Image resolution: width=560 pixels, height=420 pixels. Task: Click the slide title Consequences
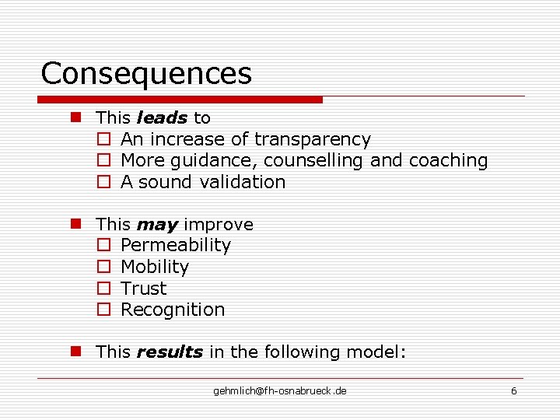(146, 74)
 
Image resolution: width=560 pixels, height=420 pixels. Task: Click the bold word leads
(162, 118)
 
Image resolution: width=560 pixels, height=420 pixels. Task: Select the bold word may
(157, 225)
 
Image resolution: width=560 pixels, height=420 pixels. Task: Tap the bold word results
(170, 352)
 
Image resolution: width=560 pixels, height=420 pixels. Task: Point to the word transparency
(312, 140)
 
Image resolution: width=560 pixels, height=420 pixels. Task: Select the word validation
(243, 182)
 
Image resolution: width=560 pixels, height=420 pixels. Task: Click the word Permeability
(176, 246)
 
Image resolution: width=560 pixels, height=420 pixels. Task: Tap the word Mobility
(155, 267)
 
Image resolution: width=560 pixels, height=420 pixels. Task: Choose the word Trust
(144, 289)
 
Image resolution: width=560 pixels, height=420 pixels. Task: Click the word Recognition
(173, 310)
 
